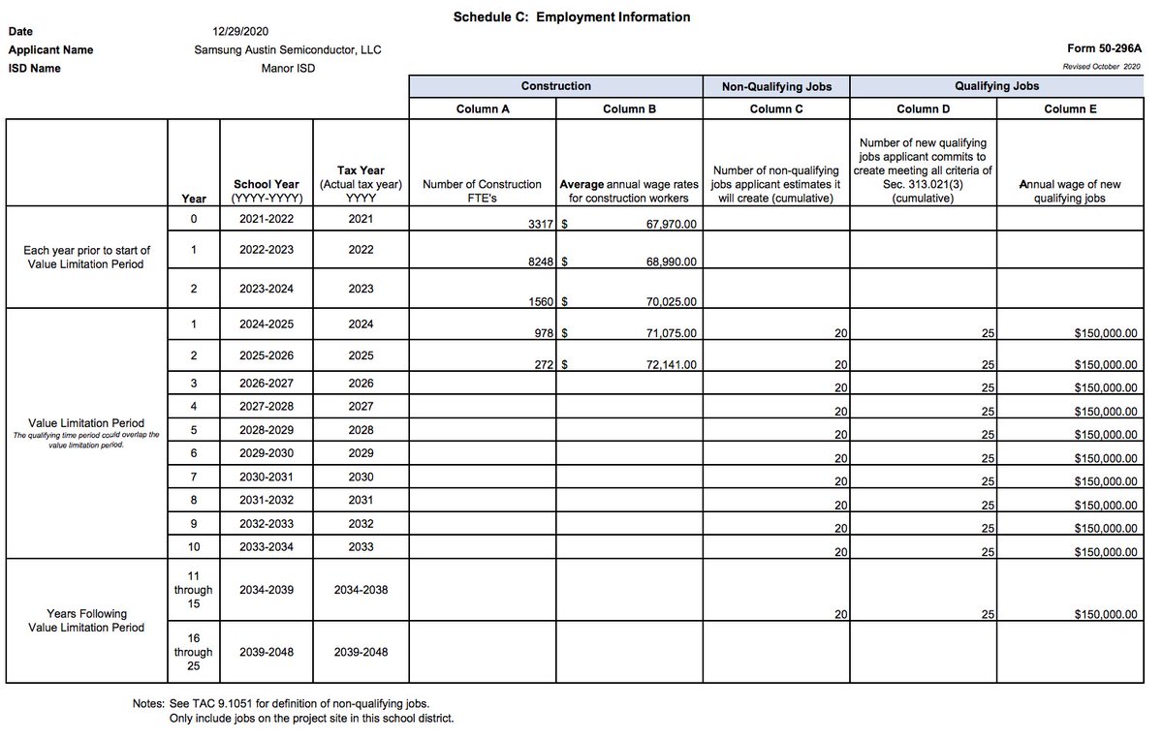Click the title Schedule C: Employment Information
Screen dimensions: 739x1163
[572, 17]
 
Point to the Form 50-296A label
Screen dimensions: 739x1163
[1105, 48]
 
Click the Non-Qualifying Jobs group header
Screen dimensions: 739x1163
[776, 86]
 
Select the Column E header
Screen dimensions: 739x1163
[1070, 109]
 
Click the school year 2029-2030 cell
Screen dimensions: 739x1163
[267, 453]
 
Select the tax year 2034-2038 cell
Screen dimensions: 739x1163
[361, 590]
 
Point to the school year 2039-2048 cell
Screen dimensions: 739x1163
[267, 652]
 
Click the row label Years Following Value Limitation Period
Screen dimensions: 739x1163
[86, 621]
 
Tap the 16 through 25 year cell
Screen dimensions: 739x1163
[193, 652]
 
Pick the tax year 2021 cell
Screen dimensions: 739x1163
[361, 219]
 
